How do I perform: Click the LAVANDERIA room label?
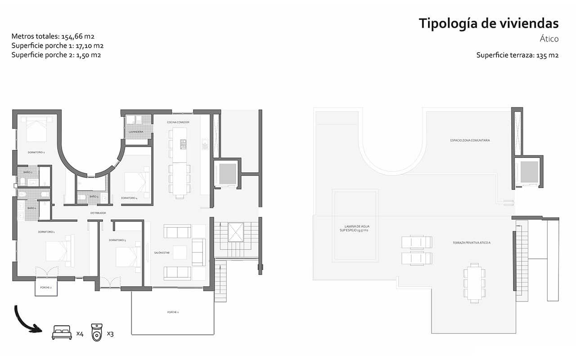[136, 131]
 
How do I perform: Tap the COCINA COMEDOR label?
[178, 122]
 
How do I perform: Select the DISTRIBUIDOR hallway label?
[98, 212]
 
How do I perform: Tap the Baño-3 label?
[94, 197]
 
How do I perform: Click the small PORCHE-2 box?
[46, 288]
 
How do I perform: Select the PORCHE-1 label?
[173, 312]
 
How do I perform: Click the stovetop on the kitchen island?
[184, 144]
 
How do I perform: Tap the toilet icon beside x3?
[97, 333]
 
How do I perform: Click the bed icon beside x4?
[62, 333]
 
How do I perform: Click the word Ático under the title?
[549, 39]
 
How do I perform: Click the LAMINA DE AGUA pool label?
[355, 228]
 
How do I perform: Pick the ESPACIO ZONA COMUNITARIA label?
[470, 140]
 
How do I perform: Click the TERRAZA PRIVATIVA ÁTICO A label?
[472, 243]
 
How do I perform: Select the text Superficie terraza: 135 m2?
[517, 55]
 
